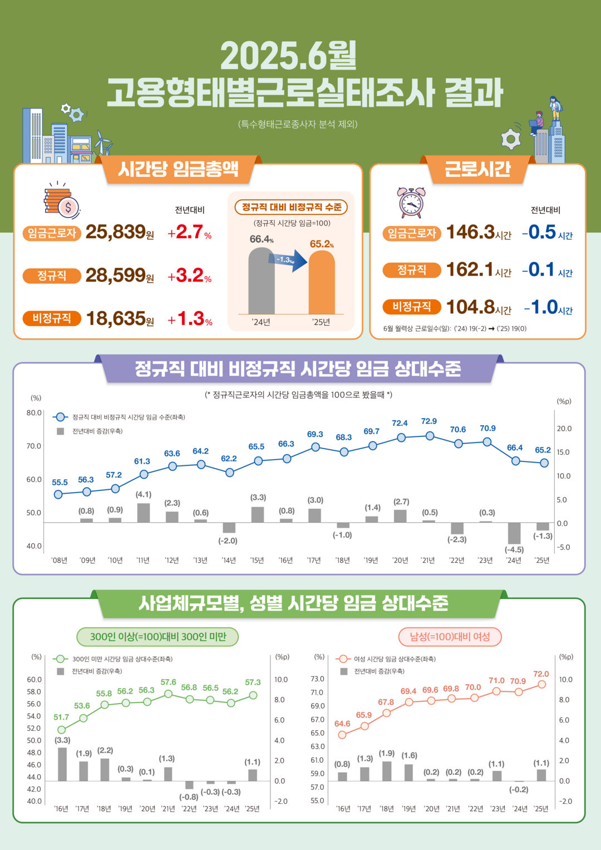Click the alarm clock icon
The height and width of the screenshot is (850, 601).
(x=411, y=202)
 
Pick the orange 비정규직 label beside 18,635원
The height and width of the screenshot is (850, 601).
(x=52, y=318)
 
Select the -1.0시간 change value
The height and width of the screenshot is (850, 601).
(x=548, y=307)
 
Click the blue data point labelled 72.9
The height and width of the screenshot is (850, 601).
(x=430, y=436)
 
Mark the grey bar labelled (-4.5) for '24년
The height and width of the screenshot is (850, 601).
(x=514, y=533)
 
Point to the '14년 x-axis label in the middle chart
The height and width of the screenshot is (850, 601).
(x=229, y=561)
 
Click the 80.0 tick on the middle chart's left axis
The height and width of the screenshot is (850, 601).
(x=34, y=413)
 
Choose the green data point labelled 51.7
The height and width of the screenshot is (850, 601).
(x=62, y=730)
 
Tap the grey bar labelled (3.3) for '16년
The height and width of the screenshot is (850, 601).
(x=62, y=764)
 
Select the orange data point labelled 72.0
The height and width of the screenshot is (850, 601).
(x=541, y=685)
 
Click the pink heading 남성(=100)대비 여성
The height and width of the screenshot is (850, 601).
(x=450, y=637)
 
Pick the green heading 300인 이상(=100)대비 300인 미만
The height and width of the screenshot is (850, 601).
(x=157, y=637)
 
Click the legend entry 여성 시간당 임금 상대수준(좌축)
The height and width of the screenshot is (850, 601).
(x=394, y=659)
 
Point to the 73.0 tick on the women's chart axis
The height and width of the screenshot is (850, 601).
(x=317, y=679)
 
